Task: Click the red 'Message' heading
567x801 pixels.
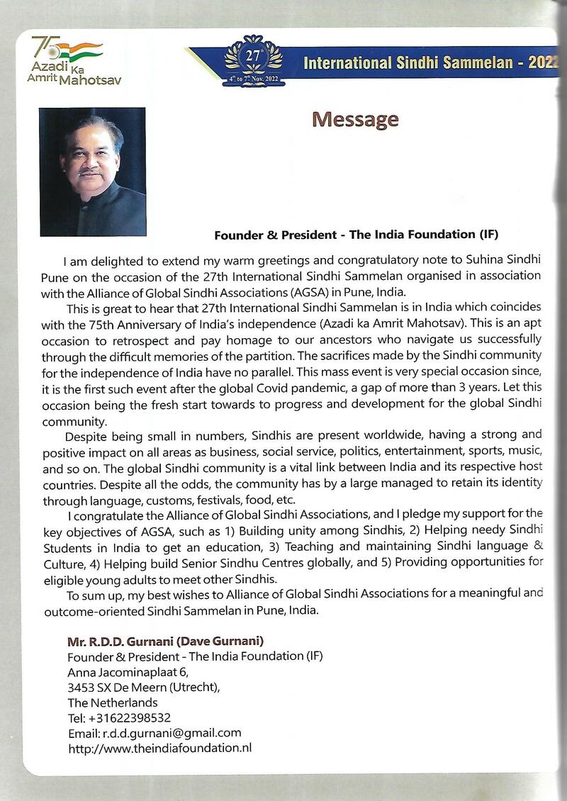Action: point(355,120)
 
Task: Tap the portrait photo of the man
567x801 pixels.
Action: point(93,172)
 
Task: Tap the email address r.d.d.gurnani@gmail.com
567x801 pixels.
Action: point(155,733)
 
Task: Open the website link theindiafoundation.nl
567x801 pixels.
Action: point(159,748)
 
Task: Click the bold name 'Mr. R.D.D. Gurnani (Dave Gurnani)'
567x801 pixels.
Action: point(165,642)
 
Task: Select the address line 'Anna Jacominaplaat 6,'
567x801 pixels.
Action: point(128,672)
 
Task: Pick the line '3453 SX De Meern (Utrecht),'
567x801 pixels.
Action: point(144,688)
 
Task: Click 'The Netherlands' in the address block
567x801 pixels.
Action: point(113,702)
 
